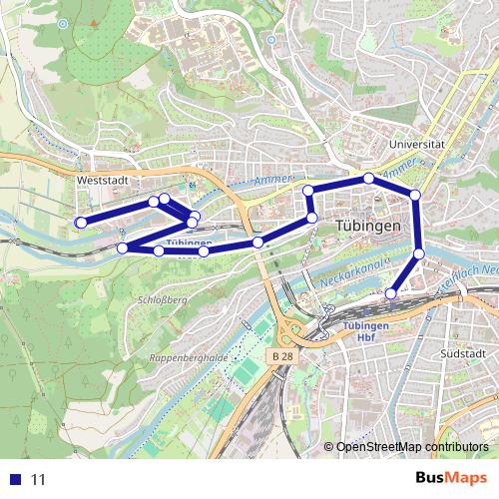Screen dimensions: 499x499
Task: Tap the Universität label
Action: coord(419,144)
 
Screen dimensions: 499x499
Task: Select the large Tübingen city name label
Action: coord(369,226)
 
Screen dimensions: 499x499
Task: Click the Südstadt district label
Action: coord(462,352)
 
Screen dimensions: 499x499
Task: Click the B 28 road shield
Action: coord(281,356)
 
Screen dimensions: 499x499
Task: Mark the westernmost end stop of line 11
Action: coord(81,222)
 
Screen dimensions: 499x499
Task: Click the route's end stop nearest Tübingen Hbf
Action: coord(392,293)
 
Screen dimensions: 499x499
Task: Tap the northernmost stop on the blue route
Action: coord(368,178)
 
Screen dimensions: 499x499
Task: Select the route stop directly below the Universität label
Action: coord(415,195)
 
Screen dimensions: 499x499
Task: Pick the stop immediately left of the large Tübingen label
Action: coord(311,218)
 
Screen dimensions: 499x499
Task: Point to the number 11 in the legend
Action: coord(39,479)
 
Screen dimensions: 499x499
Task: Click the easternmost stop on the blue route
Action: coord(419,254)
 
